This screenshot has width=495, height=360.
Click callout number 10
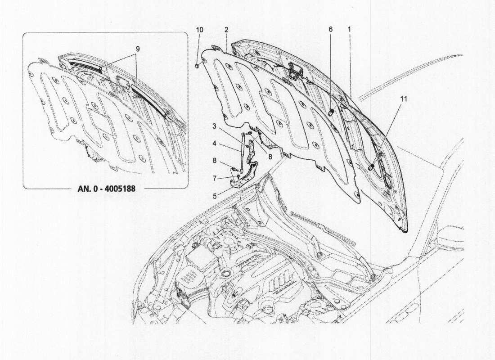(x=200, y=29)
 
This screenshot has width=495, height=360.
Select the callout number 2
(x=226, y=29)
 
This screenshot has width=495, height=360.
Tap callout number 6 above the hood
(x=330, y=29)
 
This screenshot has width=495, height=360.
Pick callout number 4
(x=215, y=144)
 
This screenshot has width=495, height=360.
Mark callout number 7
(x=215, y=178)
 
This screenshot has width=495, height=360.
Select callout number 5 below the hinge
(x=215, y=196)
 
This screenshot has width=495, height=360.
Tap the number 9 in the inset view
(x=138, y=48)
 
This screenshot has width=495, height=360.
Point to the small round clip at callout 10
(x=197, y=67)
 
